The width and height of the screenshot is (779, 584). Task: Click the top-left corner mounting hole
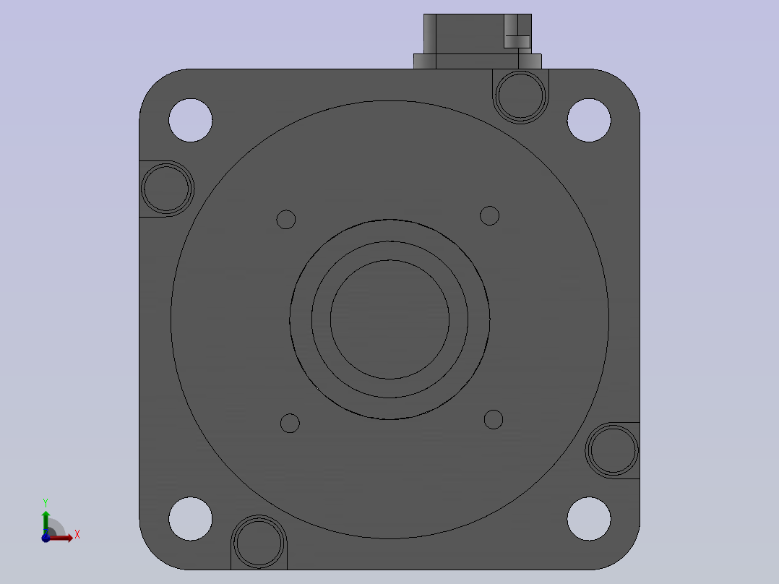[190, 120]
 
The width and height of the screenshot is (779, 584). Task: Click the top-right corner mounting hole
[589, 120]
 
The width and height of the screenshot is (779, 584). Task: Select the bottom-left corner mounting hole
[190, 518]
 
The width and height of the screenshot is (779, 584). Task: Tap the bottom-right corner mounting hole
[589, 518]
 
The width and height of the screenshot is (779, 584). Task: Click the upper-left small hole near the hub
[285, 219]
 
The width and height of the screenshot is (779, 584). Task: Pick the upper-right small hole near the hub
[489, 215]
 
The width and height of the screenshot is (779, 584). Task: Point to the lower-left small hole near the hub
[290, 424]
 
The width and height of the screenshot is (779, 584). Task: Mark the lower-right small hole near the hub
[494, 419]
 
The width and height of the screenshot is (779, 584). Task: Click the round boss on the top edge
[520, 96]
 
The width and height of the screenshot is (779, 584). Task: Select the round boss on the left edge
[167, 189]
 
